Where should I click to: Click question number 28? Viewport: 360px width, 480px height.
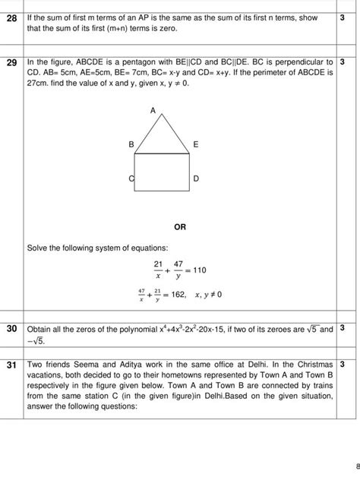tap(11, 17)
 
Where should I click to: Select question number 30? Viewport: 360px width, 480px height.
tap(11, 329)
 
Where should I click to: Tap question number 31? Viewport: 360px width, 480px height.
tap(11, 365)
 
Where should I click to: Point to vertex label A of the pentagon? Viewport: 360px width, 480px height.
tap(153, 111)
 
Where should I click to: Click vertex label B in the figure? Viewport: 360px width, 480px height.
tap(131, 144)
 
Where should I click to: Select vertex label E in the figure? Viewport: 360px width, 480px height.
tap(195, 144)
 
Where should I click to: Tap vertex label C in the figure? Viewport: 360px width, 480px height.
tap(131, 178)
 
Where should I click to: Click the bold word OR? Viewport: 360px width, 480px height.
tap(180, 226)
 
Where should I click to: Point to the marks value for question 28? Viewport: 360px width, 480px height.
tap(343, 17)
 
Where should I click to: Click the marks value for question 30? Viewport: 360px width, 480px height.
tap(343, 328)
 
